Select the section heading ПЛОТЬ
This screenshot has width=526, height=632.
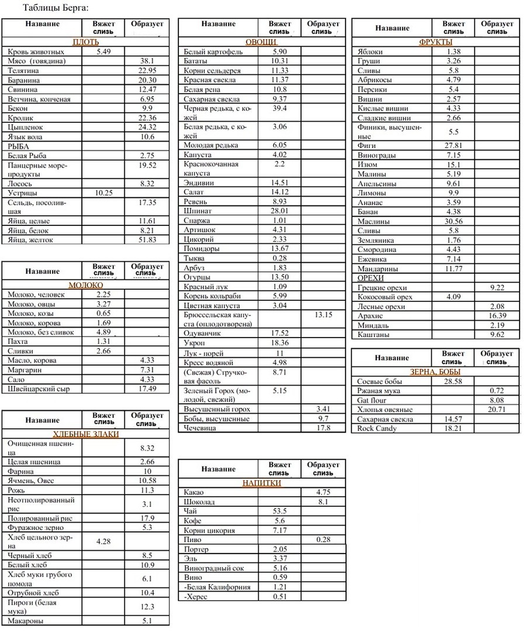click(85, 42)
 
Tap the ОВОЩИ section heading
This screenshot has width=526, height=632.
click(261, 42)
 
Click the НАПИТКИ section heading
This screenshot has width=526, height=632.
click(261, 483)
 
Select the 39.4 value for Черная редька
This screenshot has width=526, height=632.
click(279, 108)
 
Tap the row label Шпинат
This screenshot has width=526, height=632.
click(198, 211)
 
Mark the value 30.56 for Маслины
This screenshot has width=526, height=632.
click(453, 221)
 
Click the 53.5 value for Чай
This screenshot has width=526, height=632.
click(279, 511)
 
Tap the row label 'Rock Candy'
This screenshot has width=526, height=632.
click(377, 428)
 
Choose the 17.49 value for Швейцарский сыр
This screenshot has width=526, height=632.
click(147, 389)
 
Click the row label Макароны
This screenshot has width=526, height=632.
click(26, 621)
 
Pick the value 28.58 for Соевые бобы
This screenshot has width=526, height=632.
click(453, 382)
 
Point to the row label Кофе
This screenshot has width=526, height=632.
click(192, 521)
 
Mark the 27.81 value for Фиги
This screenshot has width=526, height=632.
click(453, 146)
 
